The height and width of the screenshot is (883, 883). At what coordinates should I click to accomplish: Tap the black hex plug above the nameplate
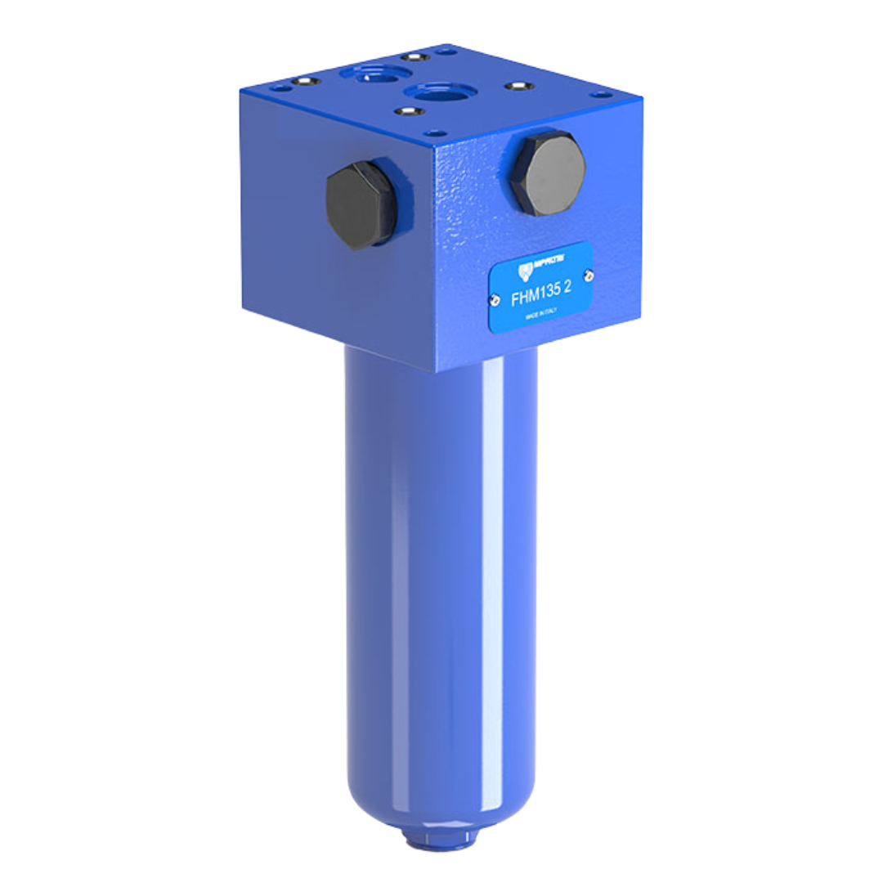click(547, 173)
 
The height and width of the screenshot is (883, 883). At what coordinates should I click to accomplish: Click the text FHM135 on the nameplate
click(533, 298)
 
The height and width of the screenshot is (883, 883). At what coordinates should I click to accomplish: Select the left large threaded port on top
click(374, 72)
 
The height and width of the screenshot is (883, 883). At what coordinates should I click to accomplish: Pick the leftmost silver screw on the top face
click(306, 82)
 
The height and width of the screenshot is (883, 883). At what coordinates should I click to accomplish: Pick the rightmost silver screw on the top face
click(518, 85)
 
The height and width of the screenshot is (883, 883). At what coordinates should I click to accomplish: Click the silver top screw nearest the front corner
click(409, 111)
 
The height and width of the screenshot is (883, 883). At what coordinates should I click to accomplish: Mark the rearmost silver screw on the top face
click(415, 56)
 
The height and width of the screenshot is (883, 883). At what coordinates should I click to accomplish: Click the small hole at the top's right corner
click(603, 95)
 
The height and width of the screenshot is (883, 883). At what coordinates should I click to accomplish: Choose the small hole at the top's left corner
click(280, 87)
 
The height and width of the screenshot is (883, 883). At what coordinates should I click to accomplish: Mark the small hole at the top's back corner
click(446, 51)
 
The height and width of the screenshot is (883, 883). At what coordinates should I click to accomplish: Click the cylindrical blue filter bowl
click(441, 572)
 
